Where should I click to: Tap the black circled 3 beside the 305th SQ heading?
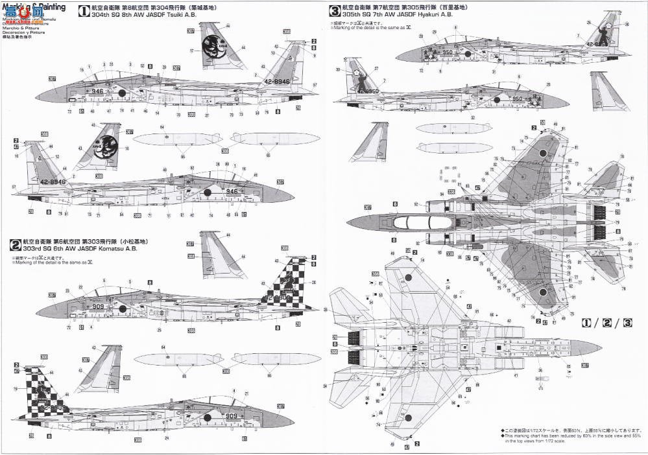(335, 10)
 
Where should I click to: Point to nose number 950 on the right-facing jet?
(517, 99)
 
